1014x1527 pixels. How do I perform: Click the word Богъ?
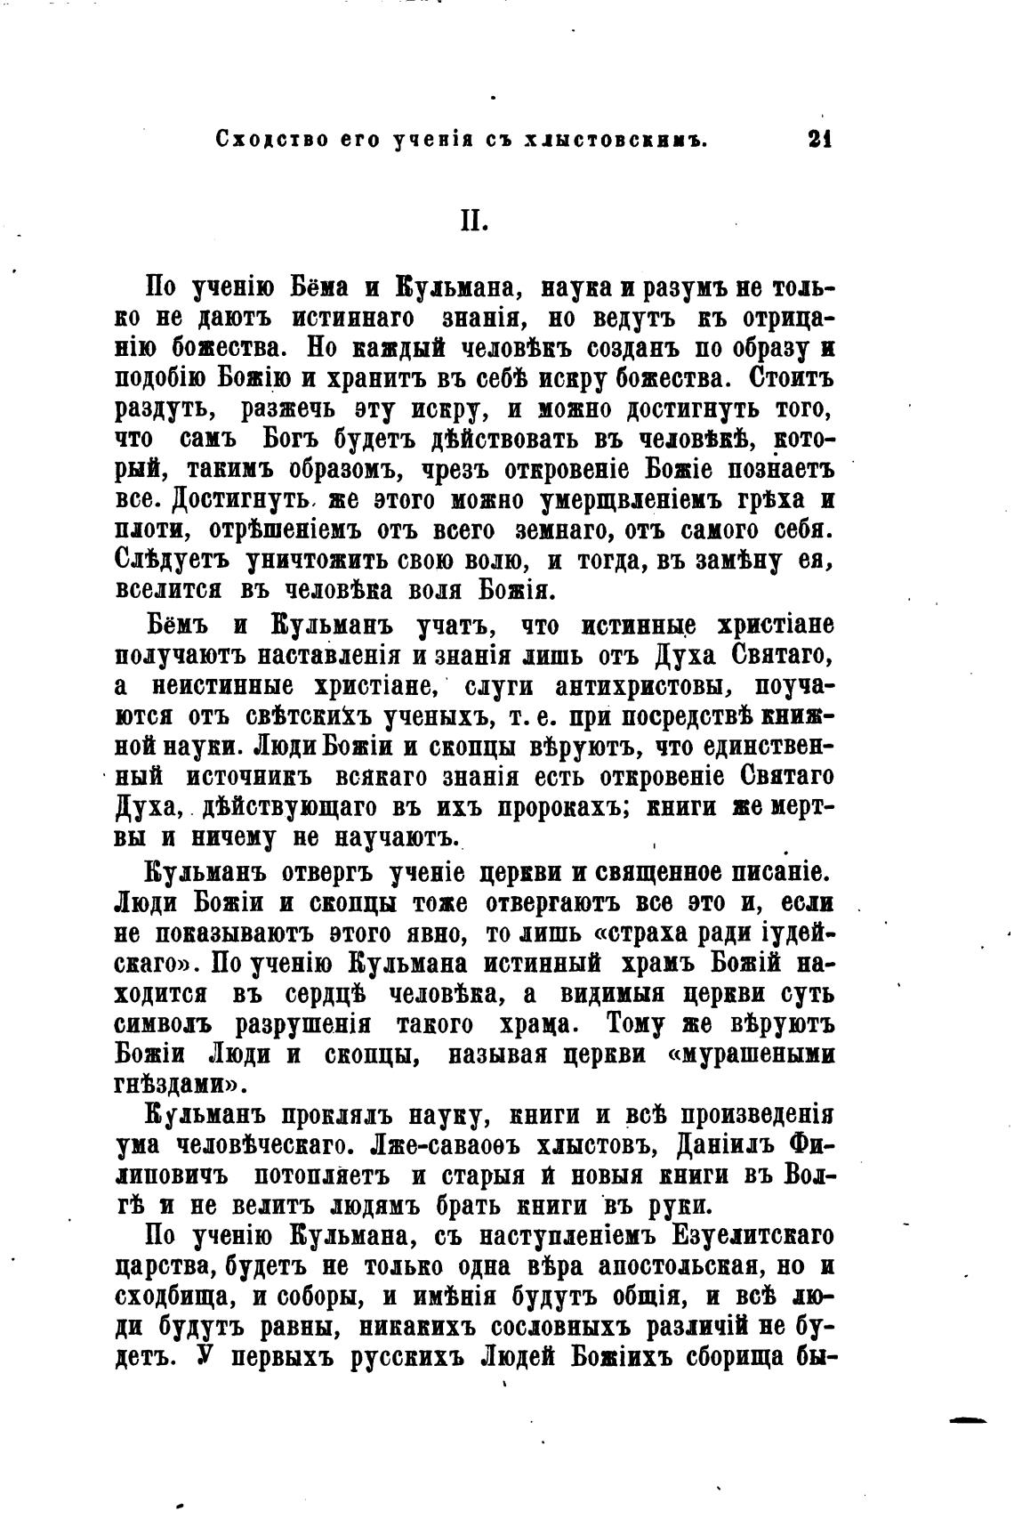tap(288, 439)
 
